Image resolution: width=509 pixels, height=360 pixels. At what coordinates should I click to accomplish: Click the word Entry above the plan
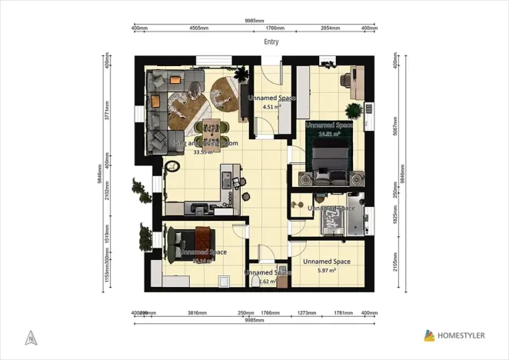point(271,42)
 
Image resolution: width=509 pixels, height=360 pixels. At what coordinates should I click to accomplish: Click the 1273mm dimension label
point(307,313)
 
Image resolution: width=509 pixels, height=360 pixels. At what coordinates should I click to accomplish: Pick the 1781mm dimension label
point(343,313)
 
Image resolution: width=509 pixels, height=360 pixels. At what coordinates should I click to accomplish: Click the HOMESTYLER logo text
point(465,335)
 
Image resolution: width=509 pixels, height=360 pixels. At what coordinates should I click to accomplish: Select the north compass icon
point(29,336)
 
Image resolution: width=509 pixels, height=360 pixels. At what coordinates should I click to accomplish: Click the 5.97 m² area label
point(327,271)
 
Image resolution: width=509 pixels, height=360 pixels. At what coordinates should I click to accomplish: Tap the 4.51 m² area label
point(269,108)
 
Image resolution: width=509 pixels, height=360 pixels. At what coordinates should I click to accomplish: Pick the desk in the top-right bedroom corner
point(356,75)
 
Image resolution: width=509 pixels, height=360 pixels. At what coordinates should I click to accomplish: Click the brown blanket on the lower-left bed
point(203,235)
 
